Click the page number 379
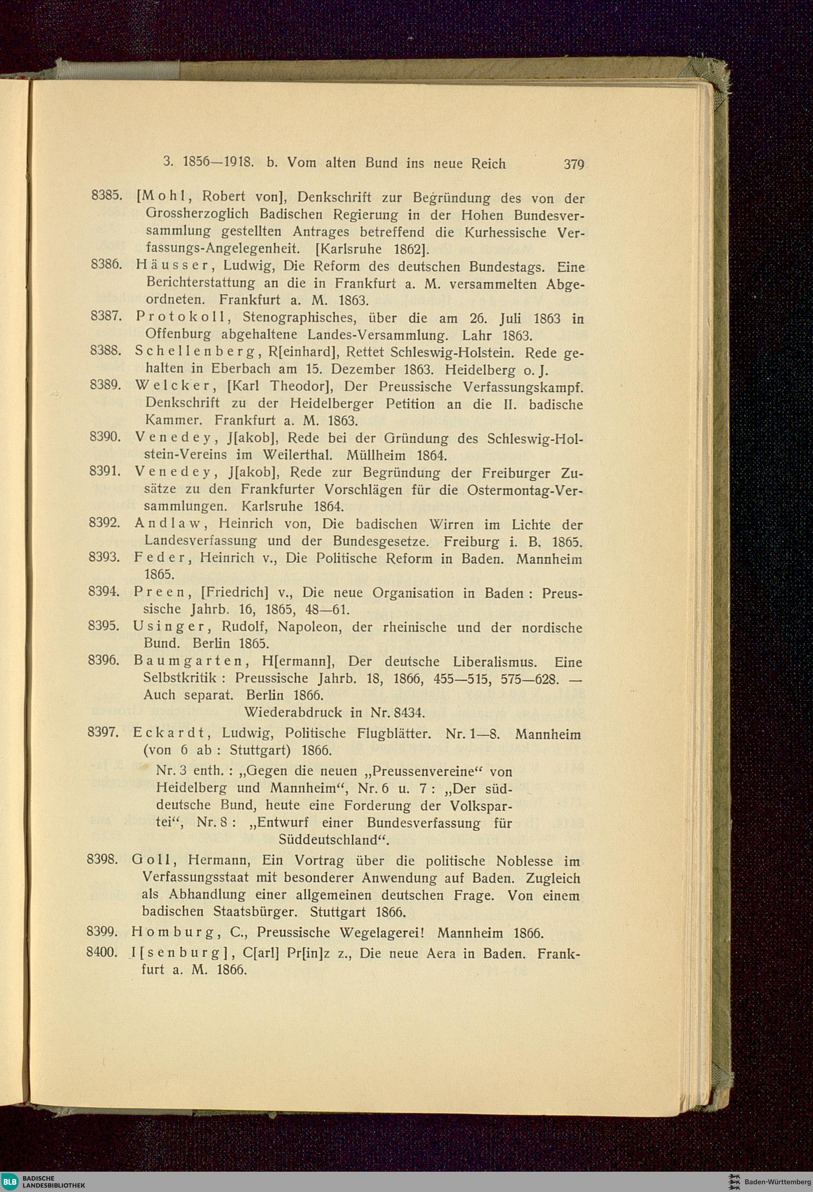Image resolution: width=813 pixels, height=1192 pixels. tap(574, 164)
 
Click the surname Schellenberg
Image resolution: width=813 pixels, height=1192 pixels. tap(195, 351)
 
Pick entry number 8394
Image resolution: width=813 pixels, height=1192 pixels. tap(104, 591)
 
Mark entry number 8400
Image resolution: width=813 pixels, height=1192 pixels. tap(102, 953)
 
